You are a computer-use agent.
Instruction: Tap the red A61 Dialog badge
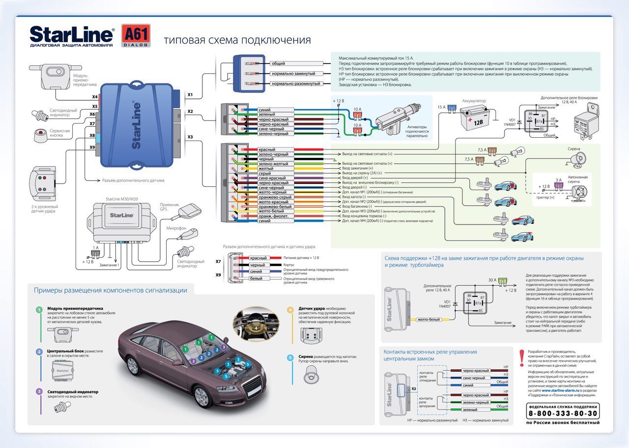(135, 36)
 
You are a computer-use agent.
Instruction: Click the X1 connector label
(190, 94)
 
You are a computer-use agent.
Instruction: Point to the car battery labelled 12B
(472, 119)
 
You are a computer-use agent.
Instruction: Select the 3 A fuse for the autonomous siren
(558, 185)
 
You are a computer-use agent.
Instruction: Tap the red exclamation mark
(521, 358)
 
